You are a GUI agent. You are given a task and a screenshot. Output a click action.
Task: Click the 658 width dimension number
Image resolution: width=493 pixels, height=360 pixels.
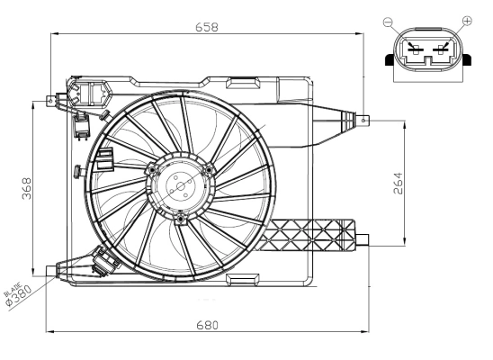(x=206, y=26)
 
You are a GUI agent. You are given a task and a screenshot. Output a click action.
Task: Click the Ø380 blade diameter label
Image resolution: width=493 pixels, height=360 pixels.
(x=19, y=296)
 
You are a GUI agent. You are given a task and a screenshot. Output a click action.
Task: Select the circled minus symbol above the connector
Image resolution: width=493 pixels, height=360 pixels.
(x=387, y=20)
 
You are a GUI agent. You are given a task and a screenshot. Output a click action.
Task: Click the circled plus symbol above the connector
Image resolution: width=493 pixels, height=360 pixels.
(x=466, y=20)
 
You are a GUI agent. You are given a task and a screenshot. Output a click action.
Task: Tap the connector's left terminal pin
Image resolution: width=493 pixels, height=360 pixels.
(x=413, y=49)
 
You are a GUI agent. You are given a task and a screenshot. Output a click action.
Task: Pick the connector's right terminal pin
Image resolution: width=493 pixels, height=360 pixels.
(x=440, y=49)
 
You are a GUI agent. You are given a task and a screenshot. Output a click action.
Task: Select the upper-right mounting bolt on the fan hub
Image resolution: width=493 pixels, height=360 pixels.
(x=208, y=170)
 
